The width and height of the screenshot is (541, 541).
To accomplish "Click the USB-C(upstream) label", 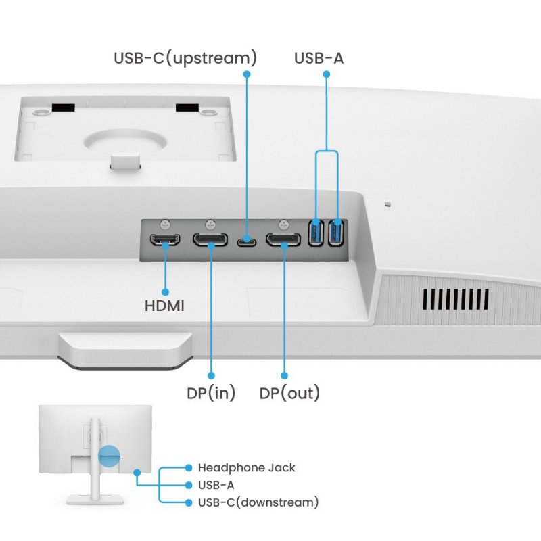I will click(x=185, y=57).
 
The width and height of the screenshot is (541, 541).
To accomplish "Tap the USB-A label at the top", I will click(x=319, y=57).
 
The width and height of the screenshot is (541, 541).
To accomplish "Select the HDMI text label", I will click(x=164, y=306).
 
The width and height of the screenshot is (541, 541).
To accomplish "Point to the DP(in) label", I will click(x=211, y=393).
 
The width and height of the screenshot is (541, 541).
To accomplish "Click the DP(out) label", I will click(x=289, y=393).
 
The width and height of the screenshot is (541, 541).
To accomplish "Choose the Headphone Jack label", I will click(x=246, y=467).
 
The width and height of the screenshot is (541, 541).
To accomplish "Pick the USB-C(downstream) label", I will click(x=258, y=502).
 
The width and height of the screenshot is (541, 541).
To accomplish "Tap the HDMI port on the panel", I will click(x=164, y=240).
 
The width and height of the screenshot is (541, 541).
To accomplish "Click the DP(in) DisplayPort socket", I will click(x=210, y=240).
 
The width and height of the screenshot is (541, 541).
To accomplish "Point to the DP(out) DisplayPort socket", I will click(x=283, y=240).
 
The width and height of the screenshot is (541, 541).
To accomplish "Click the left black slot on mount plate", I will click(x=64, y=108).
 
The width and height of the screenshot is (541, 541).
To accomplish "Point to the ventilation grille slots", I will click(x=456, y=298).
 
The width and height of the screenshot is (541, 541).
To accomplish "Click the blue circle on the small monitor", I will click(x=108, y=456).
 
